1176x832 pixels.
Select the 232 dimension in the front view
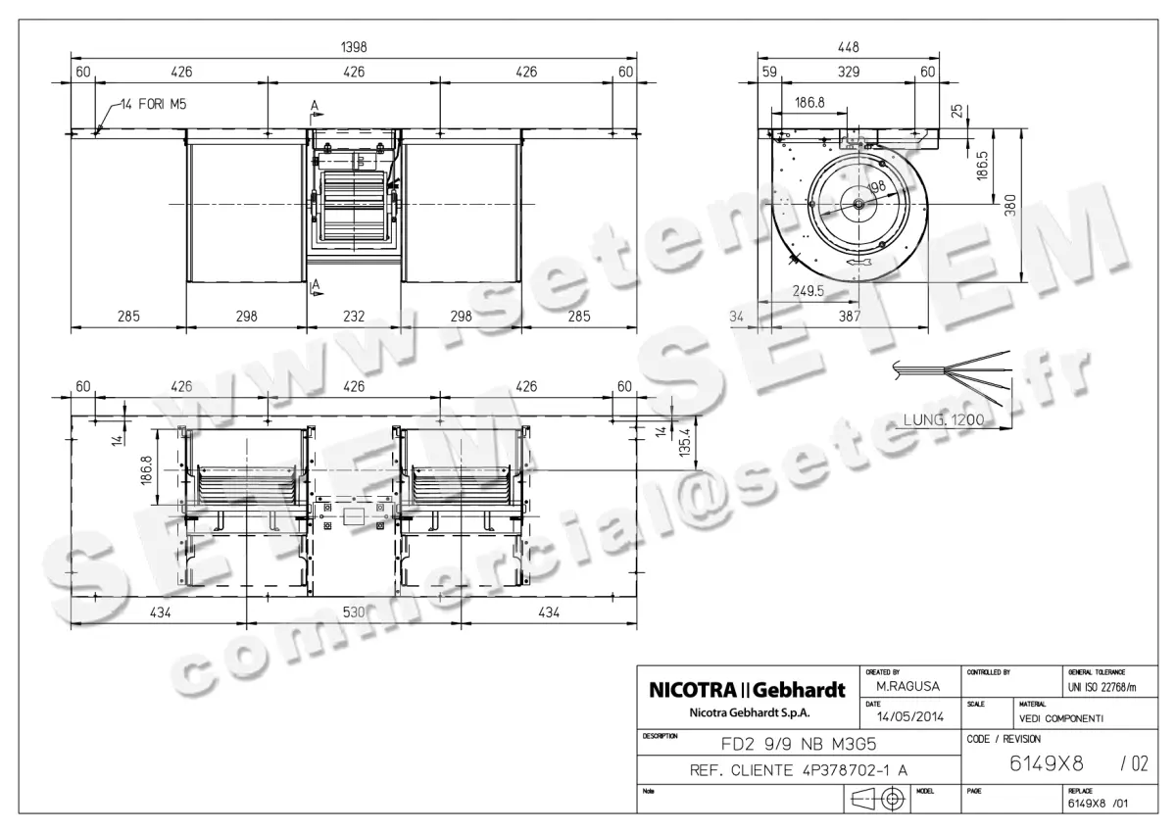[x=354, y=317]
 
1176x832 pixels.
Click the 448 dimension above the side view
[x=849, y=47]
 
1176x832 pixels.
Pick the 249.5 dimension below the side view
[x=808, y=291]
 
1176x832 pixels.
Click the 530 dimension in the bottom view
[x=354, y=612]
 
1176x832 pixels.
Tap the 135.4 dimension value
[x=683, y=437]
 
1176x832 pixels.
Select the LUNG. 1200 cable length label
[x=941, y=420]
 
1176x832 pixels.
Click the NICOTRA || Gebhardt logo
[x=748, y=690]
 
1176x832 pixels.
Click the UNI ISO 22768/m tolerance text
[x=1102, y=690]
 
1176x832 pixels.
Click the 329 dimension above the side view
[x=849, y=72]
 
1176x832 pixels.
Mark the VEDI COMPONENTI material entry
[x=1061, y=718]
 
